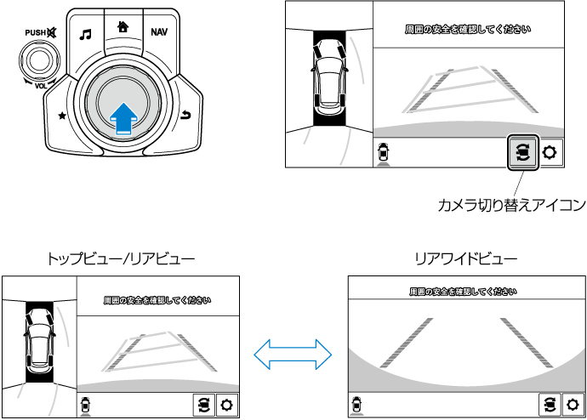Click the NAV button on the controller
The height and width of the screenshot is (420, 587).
pyautogui.click(x=158, y=34)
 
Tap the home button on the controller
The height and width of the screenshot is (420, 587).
pyautogui.click(x=123, y=26)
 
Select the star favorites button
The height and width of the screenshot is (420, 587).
pyautogui.click(x=62, y=114)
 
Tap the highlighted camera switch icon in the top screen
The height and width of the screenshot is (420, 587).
pyautogui.click(x=522, y=153)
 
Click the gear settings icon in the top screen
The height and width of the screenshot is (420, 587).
pyautogui.click(x=550, y=153)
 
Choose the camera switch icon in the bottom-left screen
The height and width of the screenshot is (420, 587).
pyautogui.click(x=203, y=405)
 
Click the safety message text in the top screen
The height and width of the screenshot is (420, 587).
pyautogui.click(x=468, y=30)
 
